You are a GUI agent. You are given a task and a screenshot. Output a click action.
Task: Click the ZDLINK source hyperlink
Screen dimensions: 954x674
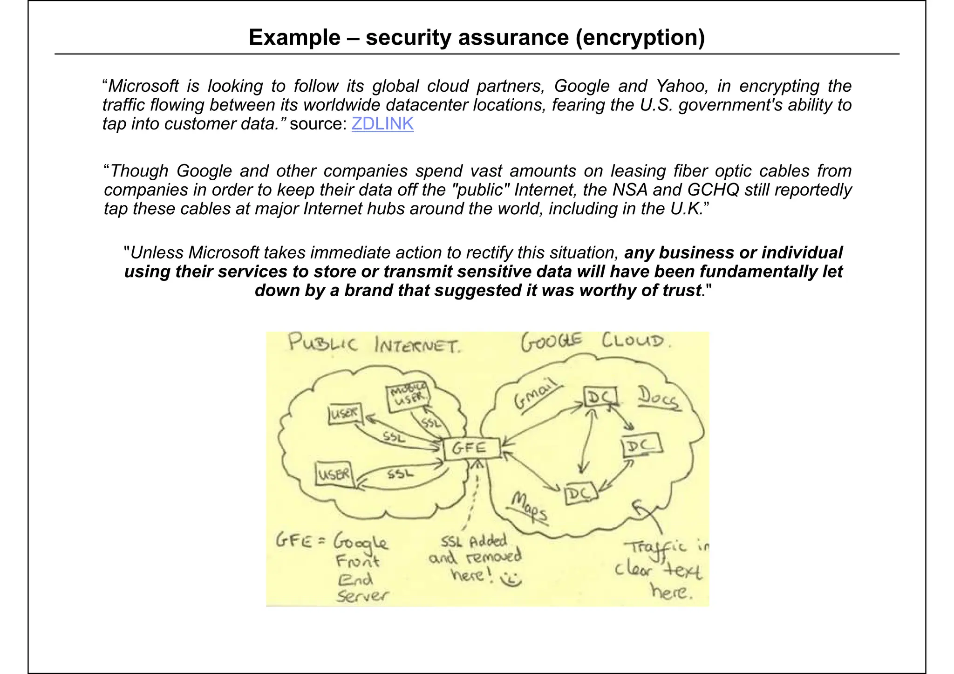pyautogui.click(x=382, y=124)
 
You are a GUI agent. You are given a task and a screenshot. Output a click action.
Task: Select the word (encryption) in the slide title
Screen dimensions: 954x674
pyautogui.click(x=640, y=37)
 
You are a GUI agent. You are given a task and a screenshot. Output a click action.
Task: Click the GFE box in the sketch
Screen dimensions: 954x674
pyautogui.click(x=471, y=449)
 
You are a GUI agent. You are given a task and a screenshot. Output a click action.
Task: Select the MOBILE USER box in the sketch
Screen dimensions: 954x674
pyautogui.click(x=408, y=397)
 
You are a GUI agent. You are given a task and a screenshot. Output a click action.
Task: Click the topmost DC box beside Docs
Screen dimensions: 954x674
pyautogui.click(x=600, y=397)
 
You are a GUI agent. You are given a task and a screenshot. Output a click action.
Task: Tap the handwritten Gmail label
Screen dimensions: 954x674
pyautogui.click(x=536, y=394)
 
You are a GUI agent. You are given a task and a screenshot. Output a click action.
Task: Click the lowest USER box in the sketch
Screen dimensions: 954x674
pyautogui.click(x=334, y=474)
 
